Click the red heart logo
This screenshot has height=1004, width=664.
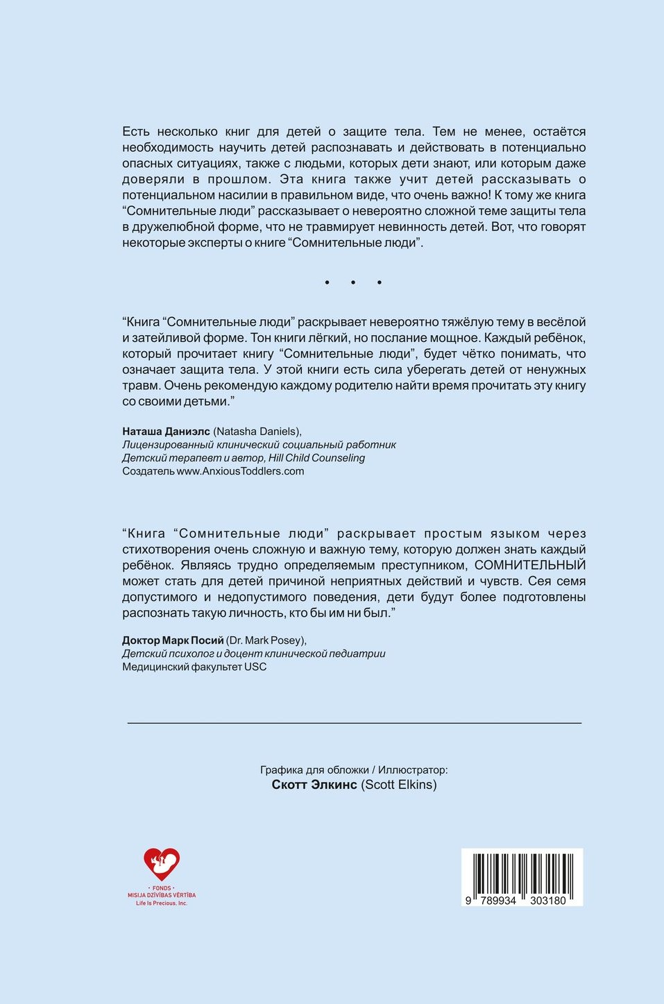pyautogui.click(x=162, y=864)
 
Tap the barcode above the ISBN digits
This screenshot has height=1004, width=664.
pyautogui.click(x=522, y=872)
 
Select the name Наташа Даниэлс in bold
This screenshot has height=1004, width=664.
pyautogui.click(x=166, y=432)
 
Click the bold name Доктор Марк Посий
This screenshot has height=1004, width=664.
pyautogui.click(x=173, y=640)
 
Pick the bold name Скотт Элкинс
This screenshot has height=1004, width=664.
pyautogui.click(x=314, y=785)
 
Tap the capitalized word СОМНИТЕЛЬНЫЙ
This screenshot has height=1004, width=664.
pyautogui.click(x=530, y=565)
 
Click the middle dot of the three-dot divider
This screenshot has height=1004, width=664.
pyautogui.click(x=353, y=282)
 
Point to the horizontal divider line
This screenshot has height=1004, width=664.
pyautogui.click(x=354, y=723)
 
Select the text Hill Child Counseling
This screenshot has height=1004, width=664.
pyautogui.click(x=316, y=458)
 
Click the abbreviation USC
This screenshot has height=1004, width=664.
pyautogui.click(x=255, y=667)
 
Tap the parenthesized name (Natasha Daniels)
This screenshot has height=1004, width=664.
pyautogui.click(x=257, y=432)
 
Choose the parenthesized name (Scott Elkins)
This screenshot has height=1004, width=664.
pyautogui.click(x=399, y=785)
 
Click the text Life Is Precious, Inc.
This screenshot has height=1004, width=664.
pyautogui.click(x=162, y=903)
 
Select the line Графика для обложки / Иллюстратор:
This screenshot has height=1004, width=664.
pyautogui.click(x=354, y=769)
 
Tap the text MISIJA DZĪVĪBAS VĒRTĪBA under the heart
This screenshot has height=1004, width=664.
pyautogui.click(x=162, y=895)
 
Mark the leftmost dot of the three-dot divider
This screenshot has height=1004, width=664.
pyautogui.click(x=327, y=282)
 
